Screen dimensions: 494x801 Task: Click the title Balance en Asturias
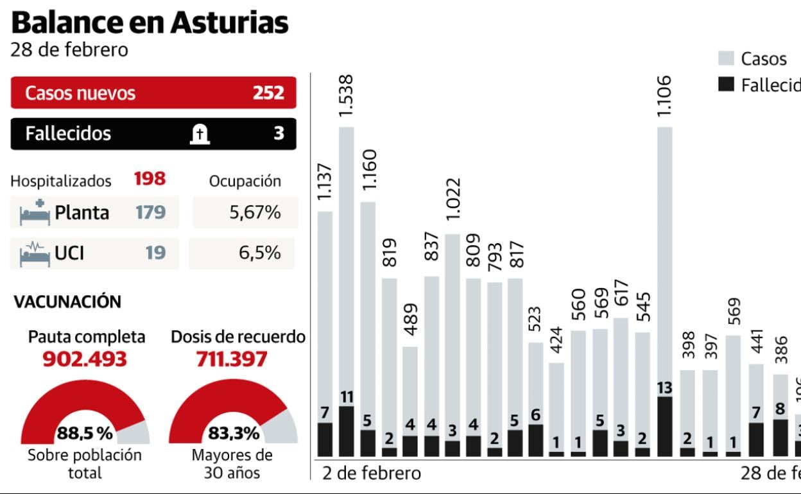point(150,23)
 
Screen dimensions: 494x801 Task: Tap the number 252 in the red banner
point(268,93)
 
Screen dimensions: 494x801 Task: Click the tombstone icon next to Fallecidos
point(200,134)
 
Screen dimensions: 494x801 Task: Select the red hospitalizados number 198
point(150,180)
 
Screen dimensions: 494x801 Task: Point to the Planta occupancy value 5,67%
point(255,212)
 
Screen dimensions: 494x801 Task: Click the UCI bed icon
point(33,253)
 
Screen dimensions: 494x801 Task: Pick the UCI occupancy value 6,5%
point(259,253)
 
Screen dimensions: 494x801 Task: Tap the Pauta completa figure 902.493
point(86,359)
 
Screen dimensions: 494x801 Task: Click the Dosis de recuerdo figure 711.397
point(231,359)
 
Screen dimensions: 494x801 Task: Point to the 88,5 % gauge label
point(85,434)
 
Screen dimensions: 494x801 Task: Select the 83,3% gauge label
point(234,434)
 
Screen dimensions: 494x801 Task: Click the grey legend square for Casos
point(726,59)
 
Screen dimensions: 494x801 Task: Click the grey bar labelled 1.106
point(666,257)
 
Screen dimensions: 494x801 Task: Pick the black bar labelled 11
point(347,431)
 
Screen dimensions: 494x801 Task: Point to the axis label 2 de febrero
point(372,473)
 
